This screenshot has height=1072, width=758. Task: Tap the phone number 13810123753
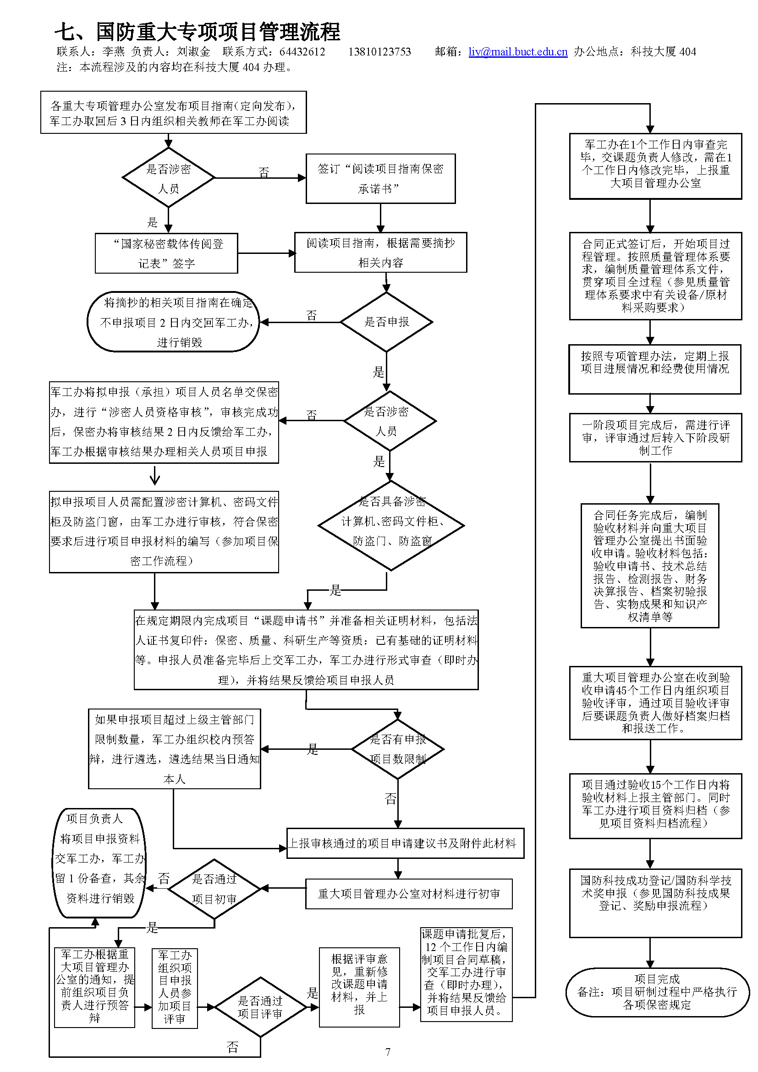379,52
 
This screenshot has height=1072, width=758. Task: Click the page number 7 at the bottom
387,1052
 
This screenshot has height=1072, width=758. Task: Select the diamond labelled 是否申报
386,322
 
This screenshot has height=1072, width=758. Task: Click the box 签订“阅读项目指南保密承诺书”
380,179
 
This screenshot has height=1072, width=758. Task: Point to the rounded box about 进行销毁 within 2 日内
174,322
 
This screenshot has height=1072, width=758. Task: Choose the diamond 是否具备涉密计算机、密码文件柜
391,525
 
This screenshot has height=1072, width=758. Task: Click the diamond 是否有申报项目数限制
398,749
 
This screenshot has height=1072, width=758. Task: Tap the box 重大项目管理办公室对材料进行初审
409,894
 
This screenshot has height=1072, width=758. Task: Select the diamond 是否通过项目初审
214,889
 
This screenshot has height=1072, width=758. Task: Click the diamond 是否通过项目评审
260,1007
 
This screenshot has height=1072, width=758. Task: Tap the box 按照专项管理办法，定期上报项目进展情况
654,369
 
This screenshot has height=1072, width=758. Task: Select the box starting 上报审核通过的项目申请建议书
405,843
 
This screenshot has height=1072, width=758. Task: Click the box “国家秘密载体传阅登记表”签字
167,253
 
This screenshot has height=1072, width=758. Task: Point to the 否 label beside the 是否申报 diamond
311,316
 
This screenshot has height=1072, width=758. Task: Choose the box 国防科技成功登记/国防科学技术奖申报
655,902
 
